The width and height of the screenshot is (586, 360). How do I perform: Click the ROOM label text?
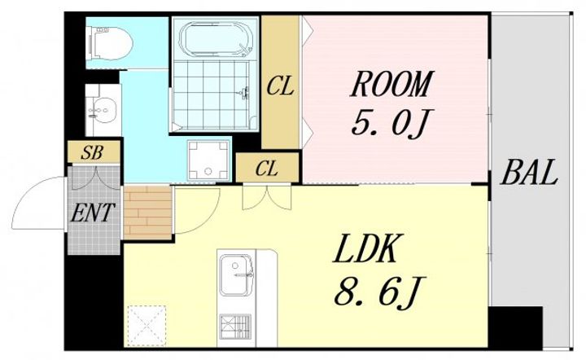391,84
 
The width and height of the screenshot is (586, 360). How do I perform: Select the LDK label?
365,248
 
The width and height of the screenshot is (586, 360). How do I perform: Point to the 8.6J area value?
380,291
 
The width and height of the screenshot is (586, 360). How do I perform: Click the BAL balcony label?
529,173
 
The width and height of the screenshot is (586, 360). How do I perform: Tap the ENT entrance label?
93,213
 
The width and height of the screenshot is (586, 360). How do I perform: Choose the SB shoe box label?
92,152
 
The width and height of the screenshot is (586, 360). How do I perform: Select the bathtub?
216,39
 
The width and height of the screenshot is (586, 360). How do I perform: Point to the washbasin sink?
102,110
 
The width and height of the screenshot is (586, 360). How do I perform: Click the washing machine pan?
208,160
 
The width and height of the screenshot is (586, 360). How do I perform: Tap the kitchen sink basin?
234,274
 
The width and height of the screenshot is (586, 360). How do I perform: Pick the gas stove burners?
235,327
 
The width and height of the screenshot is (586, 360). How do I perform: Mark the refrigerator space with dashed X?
146,325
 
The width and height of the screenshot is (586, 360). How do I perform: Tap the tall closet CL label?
280,86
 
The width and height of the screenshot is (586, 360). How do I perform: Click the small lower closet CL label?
267,169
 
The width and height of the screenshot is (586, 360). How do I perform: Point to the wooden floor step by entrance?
147,213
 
